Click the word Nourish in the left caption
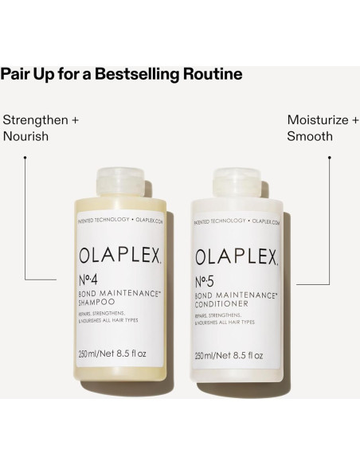click(26, 137)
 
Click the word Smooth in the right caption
click(310, 137)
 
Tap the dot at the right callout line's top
click(330, 157)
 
